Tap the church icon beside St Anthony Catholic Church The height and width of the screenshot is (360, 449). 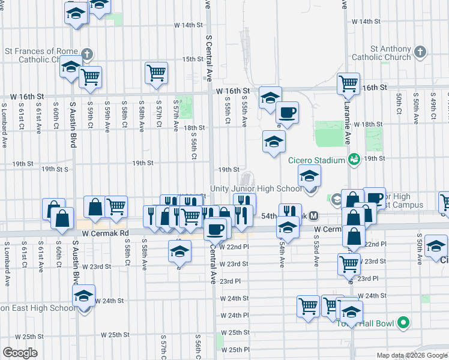[420, 52]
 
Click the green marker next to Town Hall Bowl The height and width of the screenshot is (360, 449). [403, 323]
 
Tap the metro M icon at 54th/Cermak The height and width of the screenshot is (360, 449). [314, 216]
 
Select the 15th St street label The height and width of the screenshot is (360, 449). [193, 59]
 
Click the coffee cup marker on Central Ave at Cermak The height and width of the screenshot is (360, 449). [215, 228]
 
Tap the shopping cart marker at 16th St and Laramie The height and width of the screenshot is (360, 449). [348, 84]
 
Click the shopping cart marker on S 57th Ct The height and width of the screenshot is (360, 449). [156, 73]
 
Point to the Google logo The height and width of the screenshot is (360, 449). [20, 353]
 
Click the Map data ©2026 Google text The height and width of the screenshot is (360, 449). [412, 355]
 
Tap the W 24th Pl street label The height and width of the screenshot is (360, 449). [235, 315]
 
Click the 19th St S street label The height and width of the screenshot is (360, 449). [55, 170]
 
